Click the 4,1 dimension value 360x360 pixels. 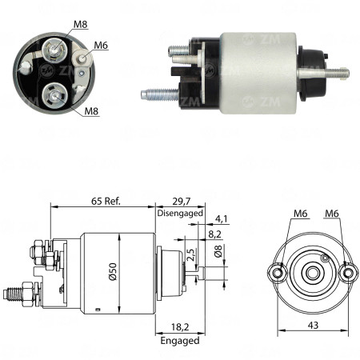[x=222, y=218]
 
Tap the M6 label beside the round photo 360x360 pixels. [x=101, y=45]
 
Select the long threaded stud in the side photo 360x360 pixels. [x=158, y=94]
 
